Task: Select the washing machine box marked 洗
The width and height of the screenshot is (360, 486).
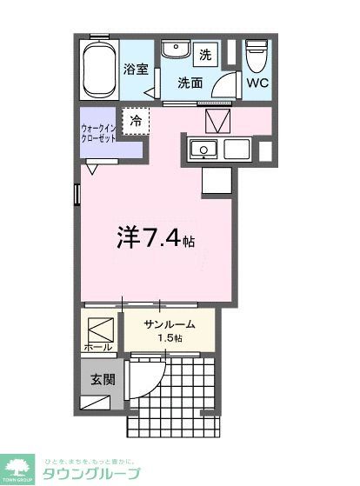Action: coord(205,55)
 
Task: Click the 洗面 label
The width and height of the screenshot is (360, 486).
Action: coord(190,83)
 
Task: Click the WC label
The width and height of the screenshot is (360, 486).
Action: coord(257,84)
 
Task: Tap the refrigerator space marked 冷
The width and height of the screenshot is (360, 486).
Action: coord(135,121)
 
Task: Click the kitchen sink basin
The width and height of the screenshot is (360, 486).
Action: coord(203,150)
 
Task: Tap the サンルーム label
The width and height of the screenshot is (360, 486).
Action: coord(169,324)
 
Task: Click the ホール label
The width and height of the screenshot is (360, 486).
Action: coord(97,347)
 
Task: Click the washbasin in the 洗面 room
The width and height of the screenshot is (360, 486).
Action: coord(177,50)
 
